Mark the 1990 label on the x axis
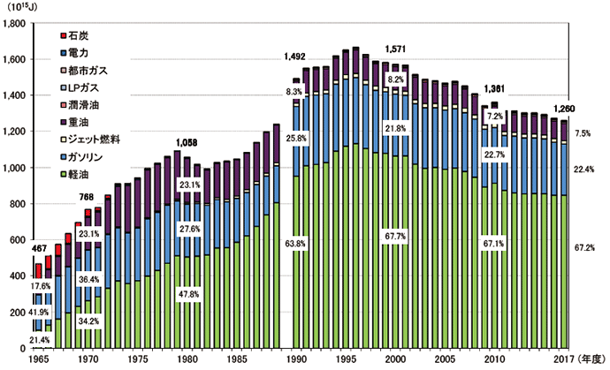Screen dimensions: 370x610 coord(296,359)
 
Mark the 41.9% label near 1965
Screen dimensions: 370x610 coord(39,313)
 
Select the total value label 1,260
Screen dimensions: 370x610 coord(564,109)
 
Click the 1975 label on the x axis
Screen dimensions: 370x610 coord(136,359)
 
